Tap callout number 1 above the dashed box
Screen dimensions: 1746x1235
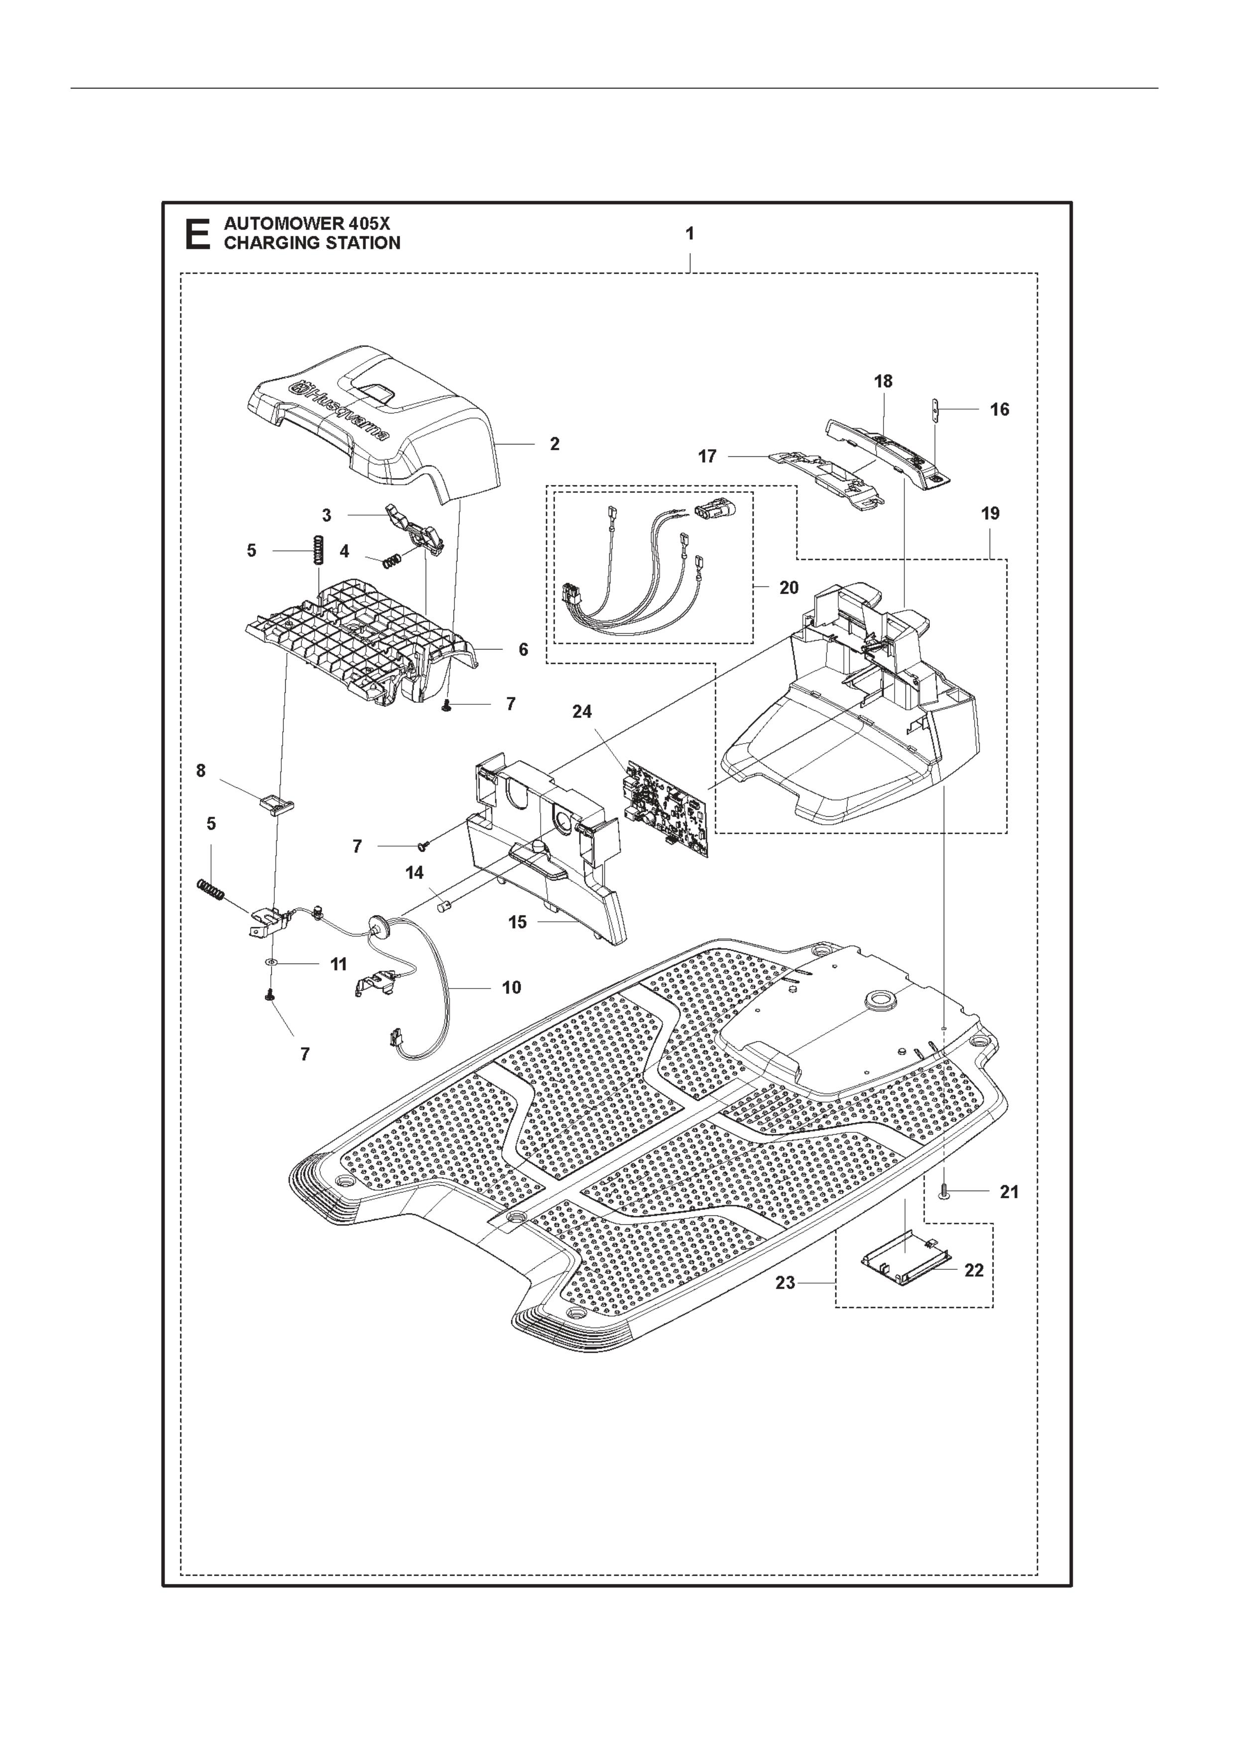pyautogui.click(x=690, y=234)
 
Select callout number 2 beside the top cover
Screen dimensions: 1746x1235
pyautogui.click(x=555, y=444)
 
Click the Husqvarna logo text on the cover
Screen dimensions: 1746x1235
pyautogui.click(x=340, y=412)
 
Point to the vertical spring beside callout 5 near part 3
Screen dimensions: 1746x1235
pyautogui.click(x=320, y=549)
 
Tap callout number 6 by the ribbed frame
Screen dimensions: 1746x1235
pyautogui.click(x=523, y=650)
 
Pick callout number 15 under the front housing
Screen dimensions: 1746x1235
pyautogui.click(x=517, y=922)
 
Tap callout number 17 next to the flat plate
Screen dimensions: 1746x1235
pyautogui.click(x=707, y=456)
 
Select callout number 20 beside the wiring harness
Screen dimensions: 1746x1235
pyautogui.click(x=789, y=588)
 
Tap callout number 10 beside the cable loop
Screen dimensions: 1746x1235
pyautogui.click(x=512, y=987)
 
